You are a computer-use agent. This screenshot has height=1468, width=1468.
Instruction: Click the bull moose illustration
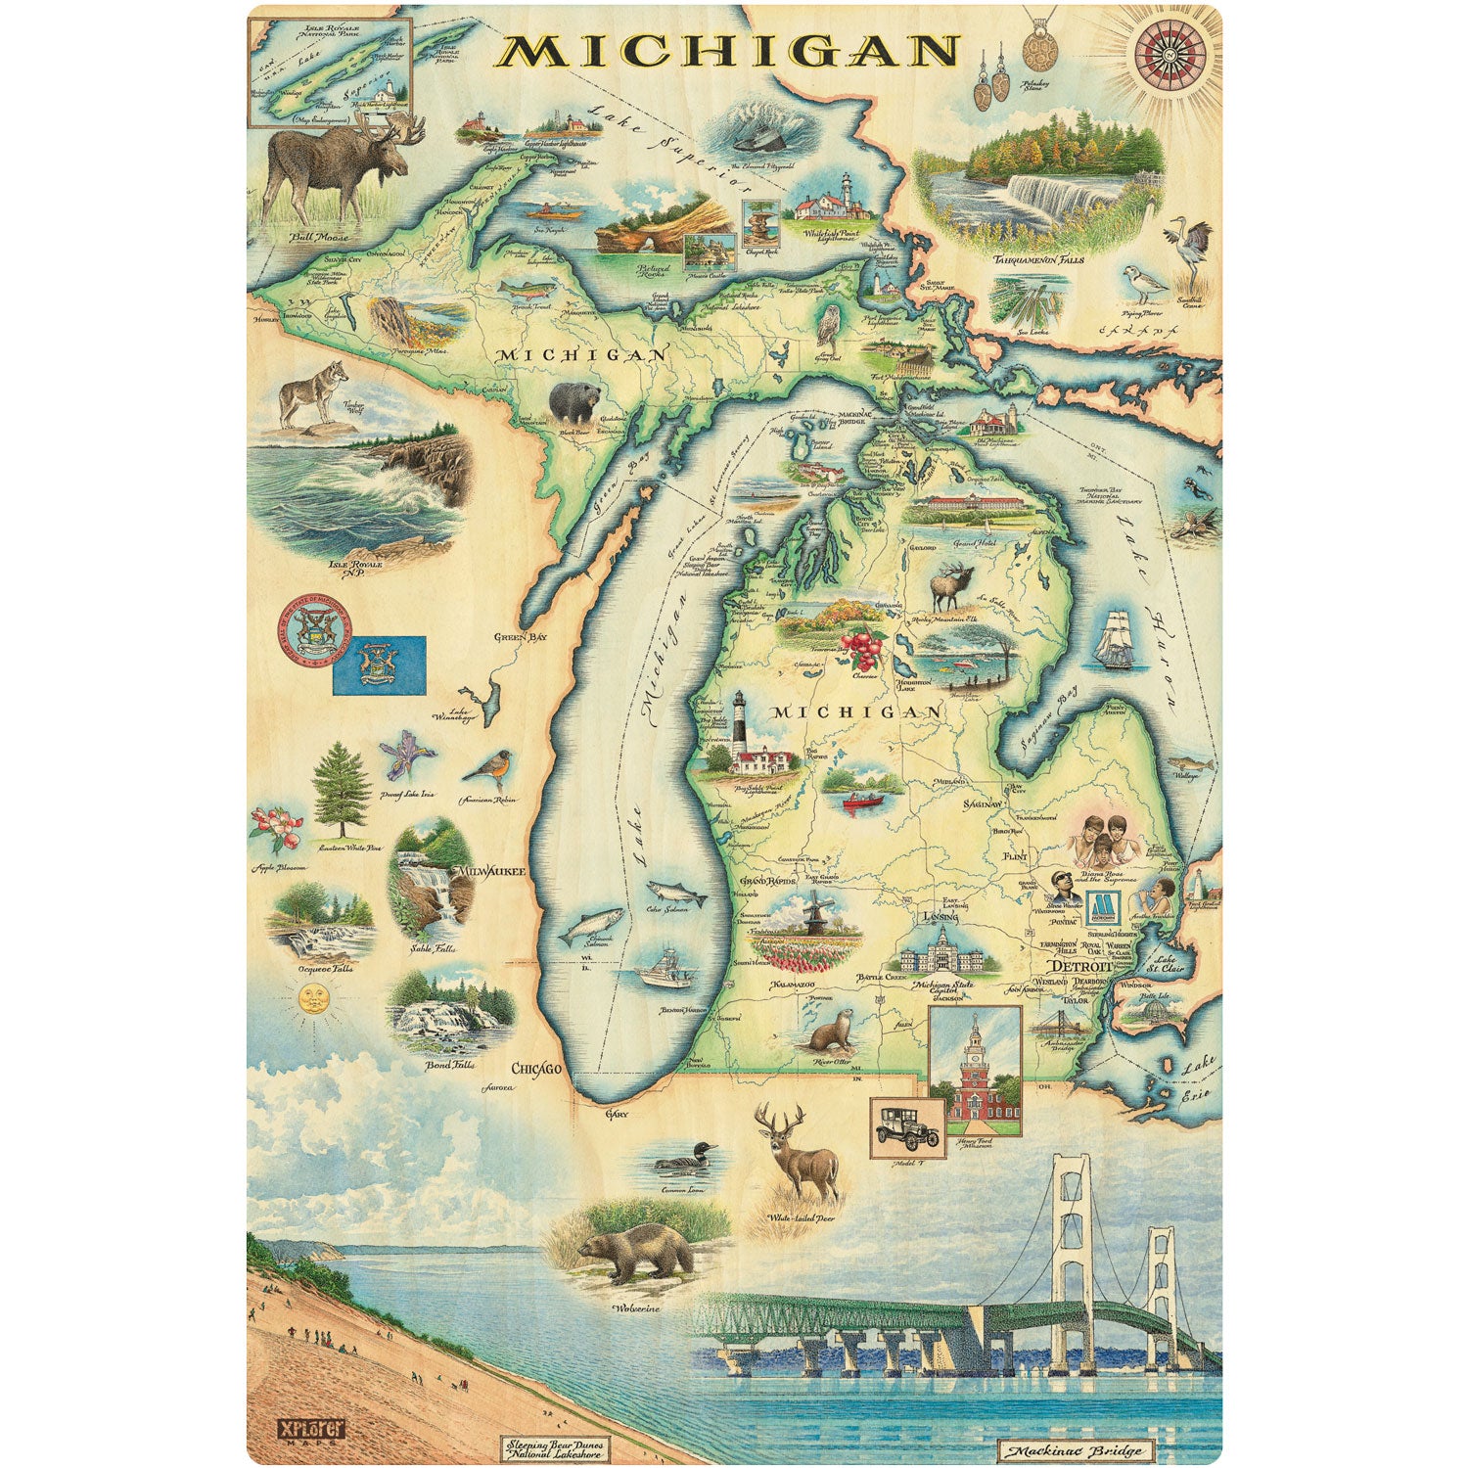click(338, 166)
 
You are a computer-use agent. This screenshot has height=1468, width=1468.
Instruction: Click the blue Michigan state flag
click(379, 665)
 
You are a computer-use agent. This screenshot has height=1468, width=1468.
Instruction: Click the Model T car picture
click(907, 1126)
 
